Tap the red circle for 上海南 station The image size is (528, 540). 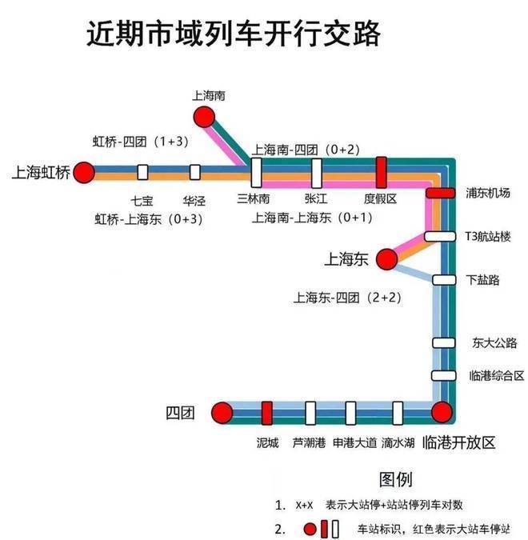(x=206, y=117)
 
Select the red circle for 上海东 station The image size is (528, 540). (x=386, y=258)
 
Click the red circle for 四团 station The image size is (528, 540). (x=222, y=413)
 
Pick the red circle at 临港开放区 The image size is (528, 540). (x=441, y=413)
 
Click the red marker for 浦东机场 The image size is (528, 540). (x=440, y=193)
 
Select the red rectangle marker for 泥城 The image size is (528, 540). (x=267, y=413)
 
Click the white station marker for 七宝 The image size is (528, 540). (x=143, y=172)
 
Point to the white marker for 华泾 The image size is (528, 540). (x=194, y=172)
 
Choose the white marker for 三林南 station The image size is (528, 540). (x=256, y=171)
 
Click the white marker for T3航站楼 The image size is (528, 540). (x=440, y=236)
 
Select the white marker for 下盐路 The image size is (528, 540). (x=443, y=279)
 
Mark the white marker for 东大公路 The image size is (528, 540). (x=443, y=342)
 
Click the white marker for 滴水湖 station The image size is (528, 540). (x=398, y=413)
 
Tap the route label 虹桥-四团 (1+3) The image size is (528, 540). (x=140, y=142)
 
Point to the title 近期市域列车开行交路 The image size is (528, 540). (x=233, y=34)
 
